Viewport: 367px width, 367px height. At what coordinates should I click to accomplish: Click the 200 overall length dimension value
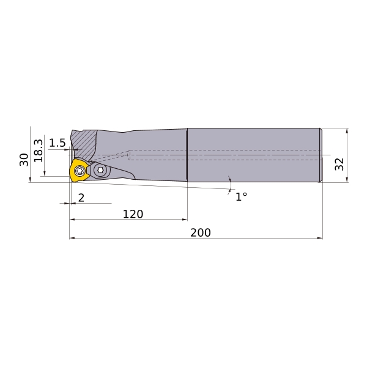[200, 232]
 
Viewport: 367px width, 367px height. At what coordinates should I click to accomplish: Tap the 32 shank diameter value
[339, 163]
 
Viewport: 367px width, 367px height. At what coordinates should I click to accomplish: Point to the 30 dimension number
[24, 160]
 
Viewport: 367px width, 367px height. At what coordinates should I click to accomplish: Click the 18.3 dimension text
[38, 150]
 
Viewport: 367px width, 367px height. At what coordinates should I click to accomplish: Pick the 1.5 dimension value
[57, 143]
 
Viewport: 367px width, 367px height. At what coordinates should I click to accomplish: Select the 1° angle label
[241, 196]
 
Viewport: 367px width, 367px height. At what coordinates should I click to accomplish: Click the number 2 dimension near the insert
[81, 198]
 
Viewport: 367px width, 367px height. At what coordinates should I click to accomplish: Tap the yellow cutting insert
[79, 171]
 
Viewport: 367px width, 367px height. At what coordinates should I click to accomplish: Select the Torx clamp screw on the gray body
[101, 170]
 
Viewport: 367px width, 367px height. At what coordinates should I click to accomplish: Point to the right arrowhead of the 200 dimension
[320, 238]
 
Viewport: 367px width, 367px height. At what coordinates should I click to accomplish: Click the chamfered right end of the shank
[321, 155]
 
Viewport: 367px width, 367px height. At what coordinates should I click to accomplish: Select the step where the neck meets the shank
[187, 155]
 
